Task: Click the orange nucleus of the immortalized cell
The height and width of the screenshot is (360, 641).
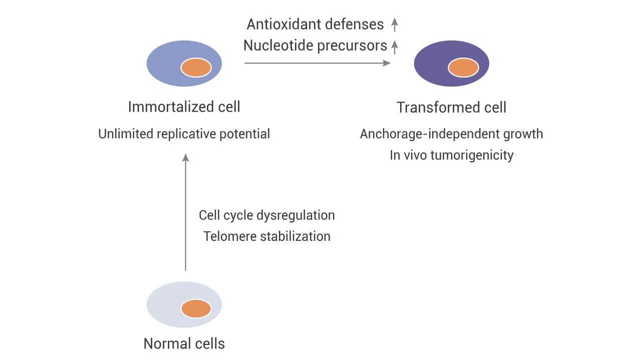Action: click(x=196, y=68)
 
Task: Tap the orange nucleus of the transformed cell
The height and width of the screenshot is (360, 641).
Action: click(x=463, y=68)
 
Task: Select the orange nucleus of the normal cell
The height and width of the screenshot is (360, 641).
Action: click(x=196, y=309)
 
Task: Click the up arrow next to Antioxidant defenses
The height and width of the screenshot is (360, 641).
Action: click(x=395, y=25)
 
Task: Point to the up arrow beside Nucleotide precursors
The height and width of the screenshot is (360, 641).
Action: click(x=395, y=47)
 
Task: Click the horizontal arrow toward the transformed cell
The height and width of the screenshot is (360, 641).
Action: click(x=317, y=63)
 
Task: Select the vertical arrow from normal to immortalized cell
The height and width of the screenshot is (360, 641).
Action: click(x=185, y=212)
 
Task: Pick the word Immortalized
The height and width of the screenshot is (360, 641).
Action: click(x=171, y=107)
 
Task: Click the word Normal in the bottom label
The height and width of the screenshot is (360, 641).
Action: click(x=164, y=343)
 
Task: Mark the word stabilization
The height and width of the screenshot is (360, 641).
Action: click(x=295, y=237)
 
